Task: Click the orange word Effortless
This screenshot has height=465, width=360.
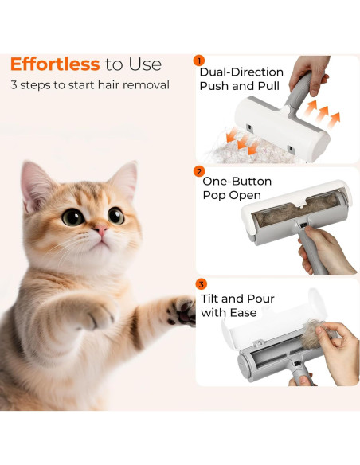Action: [x=55, y=64]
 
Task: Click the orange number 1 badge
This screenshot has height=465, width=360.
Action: [x=199, y=61]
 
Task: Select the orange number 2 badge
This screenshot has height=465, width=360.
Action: [x=199, y=171]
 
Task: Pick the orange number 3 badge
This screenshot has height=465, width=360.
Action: [x=202, y=284]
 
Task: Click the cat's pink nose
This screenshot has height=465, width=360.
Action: [x=101, y=230]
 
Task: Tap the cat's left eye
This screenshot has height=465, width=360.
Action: [x=73, y=217]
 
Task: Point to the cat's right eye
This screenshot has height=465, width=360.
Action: [x=116, y=216]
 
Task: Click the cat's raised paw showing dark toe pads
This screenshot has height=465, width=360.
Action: [x=181, y=311]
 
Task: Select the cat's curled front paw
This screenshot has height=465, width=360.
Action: [x=95, y=315]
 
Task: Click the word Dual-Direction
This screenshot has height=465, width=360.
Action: [x=241, y=72]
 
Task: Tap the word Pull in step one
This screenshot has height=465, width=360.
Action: [x=268, y=86]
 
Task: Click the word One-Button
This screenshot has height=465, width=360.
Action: [x=237, y=182]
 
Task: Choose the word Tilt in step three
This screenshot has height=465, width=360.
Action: [x=210, y=299]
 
